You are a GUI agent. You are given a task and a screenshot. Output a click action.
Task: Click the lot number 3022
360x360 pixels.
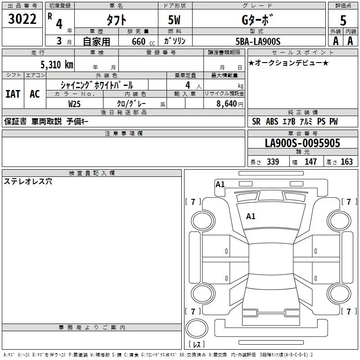pos(22,19)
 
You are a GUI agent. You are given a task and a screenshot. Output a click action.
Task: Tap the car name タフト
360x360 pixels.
pos(116,20)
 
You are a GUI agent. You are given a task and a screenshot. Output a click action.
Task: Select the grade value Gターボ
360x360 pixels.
pos(257,20)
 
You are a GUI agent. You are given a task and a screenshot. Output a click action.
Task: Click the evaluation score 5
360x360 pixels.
pos(343,20)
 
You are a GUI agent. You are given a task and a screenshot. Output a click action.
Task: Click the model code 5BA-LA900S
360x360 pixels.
pos(258,41)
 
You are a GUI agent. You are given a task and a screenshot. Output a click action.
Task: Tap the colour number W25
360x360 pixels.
pos(75,103)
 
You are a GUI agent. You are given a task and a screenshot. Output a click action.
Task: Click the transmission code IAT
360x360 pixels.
pos(13,94)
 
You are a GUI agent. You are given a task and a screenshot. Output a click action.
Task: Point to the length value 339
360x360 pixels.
pos(273,162)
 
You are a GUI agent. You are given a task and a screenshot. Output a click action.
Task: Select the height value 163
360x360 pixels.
pos(346,162)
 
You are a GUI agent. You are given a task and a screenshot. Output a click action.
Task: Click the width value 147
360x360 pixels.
pos(310,162)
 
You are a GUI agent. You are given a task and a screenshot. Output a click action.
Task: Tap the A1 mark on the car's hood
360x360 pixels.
pos(251,216)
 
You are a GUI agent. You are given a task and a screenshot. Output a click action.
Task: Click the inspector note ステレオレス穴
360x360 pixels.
pos(28,181)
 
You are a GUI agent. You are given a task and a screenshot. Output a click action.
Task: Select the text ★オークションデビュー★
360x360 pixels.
pos(288,63)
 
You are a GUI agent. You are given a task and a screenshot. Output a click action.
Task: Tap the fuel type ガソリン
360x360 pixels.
pos(175,41)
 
